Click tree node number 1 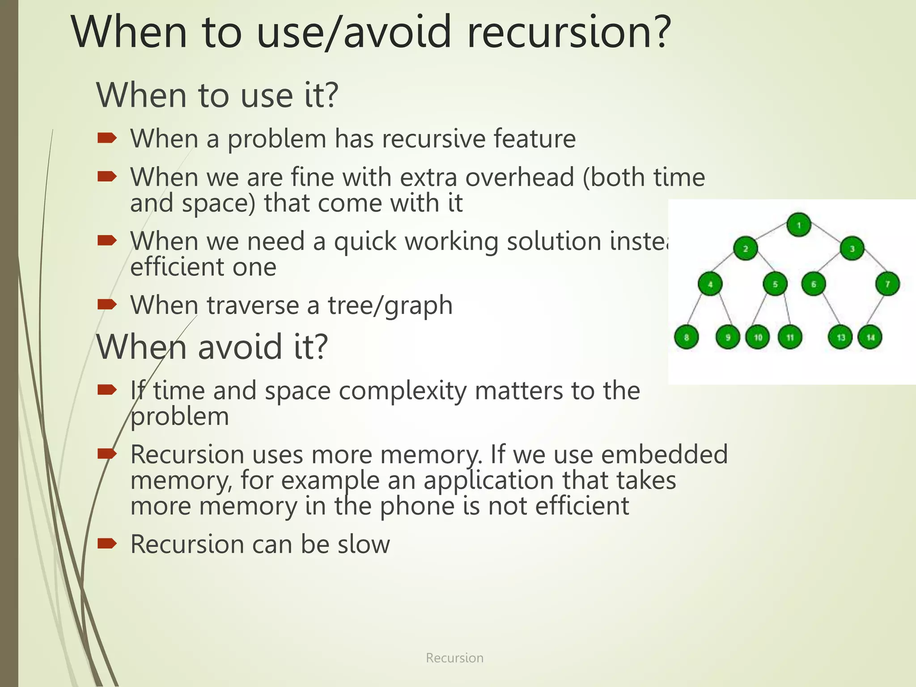click(799, 225)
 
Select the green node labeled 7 click(887, 284)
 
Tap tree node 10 click(758, 337)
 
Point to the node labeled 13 click(840, 337)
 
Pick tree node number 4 click(710, 284)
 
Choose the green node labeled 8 click(686, 337)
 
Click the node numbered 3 click(852, 249)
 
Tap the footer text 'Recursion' click(454, 658)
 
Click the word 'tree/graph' click(390, 305)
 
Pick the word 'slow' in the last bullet click(364, 544)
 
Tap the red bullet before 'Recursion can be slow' click(107, 543)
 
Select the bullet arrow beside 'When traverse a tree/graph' click(107, 305)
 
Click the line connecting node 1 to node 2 click(772, 237)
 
